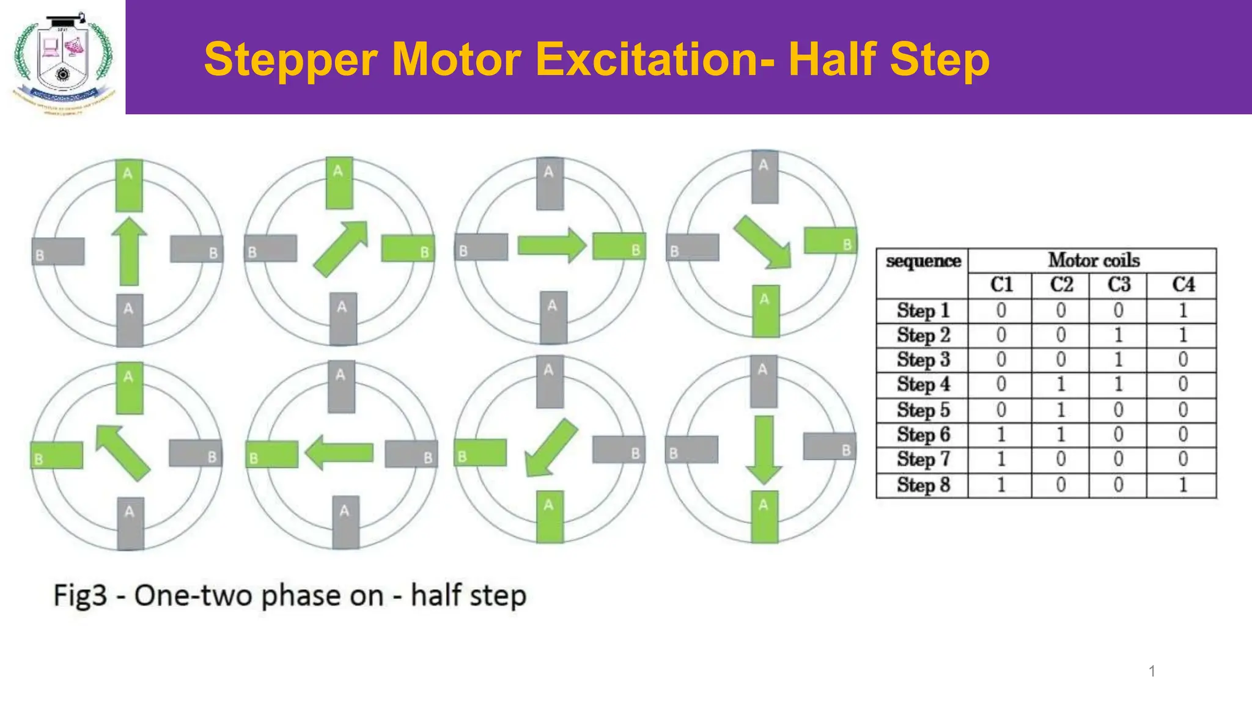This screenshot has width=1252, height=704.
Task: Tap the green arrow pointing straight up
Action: [129, 251]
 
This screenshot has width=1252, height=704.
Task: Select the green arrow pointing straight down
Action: [764, 450]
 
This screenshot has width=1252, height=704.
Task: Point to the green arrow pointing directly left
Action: [339, 453]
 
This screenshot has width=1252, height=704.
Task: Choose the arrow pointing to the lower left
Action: [550, 448]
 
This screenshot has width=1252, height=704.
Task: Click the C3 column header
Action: [1119, 285]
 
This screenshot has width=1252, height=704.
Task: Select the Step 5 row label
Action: [923, 410]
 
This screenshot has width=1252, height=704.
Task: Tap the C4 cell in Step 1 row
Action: [1182, 310]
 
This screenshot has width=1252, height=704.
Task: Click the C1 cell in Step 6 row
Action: [1001, 435]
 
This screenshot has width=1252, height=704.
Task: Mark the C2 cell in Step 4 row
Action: [1061, 384]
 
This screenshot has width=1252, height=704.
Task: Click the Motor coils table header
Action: [1093, 260]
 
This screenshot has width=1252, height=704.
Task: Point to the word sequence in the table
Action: [923, 261]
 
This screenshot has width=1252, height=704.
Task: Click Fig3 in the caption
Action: [80, 595]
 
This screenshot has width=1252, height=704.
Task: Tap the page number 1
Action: [1152, 671]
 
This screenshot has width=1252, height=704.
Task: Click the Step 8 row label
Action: [923, 485]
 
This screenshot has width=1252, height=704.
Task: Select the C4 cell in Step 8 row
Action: [1182, 485]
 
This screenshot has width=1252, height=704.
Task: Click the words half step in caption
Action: [468, 595]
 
